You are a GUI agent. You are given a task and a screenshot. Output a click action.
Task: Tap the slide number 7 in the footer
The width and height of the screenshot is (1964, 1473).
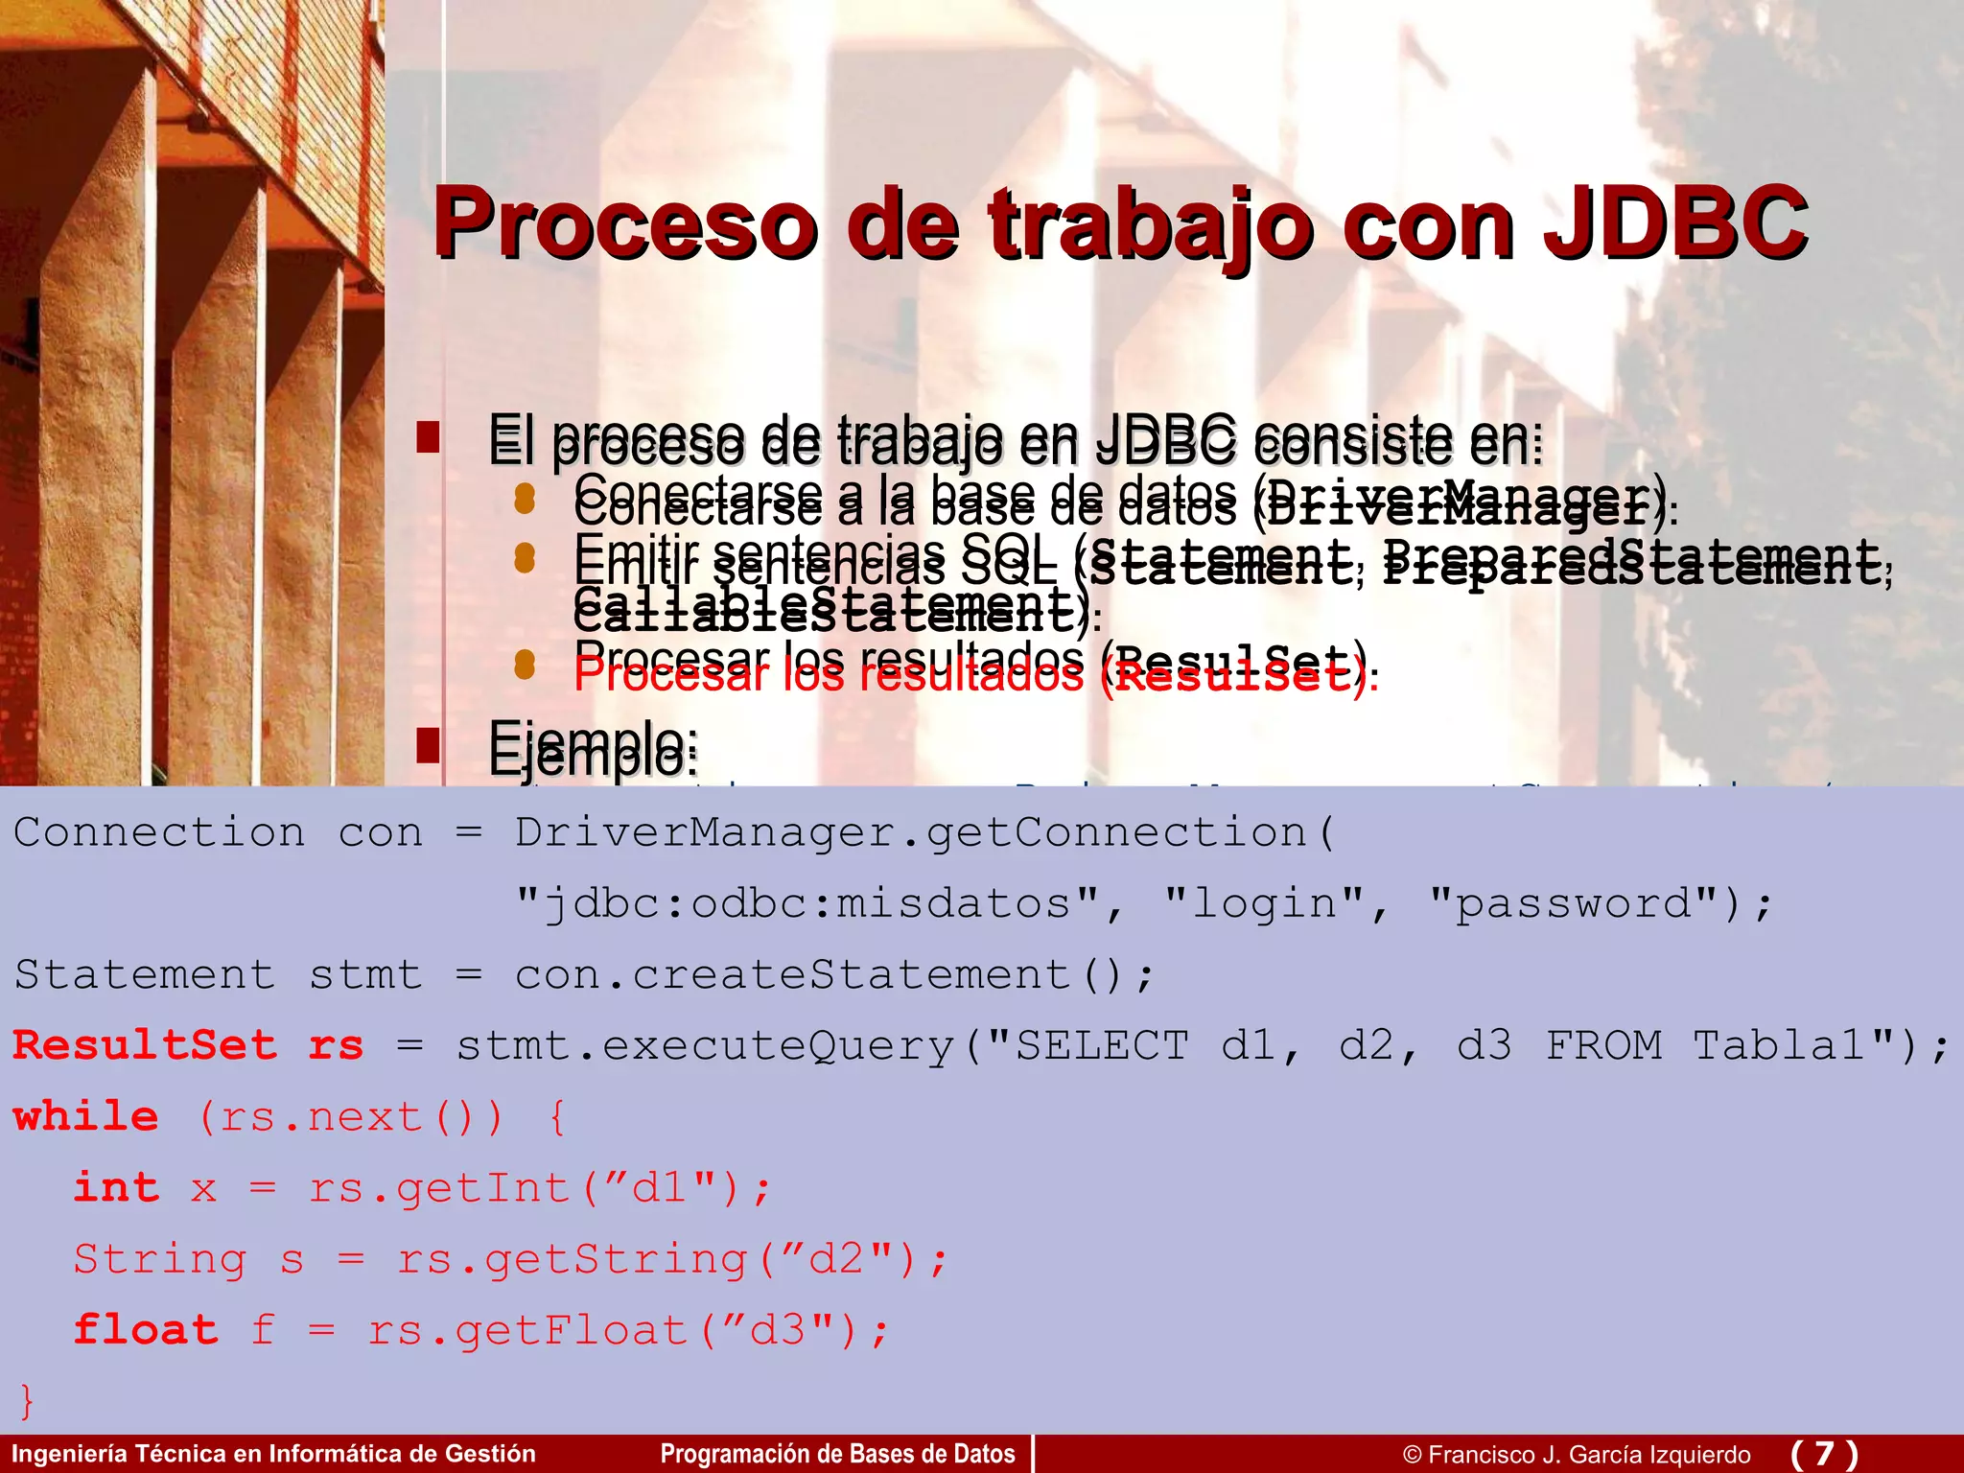1824,1454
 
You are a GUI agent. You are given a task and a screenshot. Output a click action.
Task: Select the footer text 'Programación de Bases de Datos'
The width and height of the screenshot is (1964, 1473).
837,1454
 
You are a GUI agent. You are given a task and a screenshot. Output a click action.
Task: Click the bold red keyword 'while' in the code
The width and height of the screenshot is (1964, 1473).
86,1116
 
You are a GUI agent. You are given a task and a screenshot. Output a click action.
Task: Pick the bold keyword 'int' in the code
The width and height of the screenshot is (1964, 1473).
116,1187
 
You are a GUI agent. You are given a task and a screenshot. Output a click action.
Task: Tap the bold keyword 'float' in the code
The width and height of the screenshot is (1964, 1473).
146,1330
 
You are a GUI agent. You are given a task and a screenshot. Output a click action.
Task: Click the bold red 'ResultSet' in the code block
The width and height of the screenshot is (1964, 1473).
145,1045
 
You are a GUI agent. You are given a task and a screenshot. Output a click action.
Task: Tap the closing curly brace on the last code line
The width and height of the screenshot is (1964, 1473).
27,1400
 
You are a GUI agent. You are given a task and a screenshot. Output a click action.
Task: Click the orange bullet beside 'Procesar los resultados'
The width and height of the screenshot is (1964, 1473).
525,665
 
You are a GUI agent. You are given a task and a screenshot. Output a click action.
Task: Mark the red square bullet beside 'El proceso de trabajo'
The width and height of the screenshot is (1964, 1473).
428,436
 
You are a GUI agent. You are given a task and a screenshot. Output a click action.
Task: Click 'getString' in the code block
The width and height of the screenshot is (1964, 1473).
616,1259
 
